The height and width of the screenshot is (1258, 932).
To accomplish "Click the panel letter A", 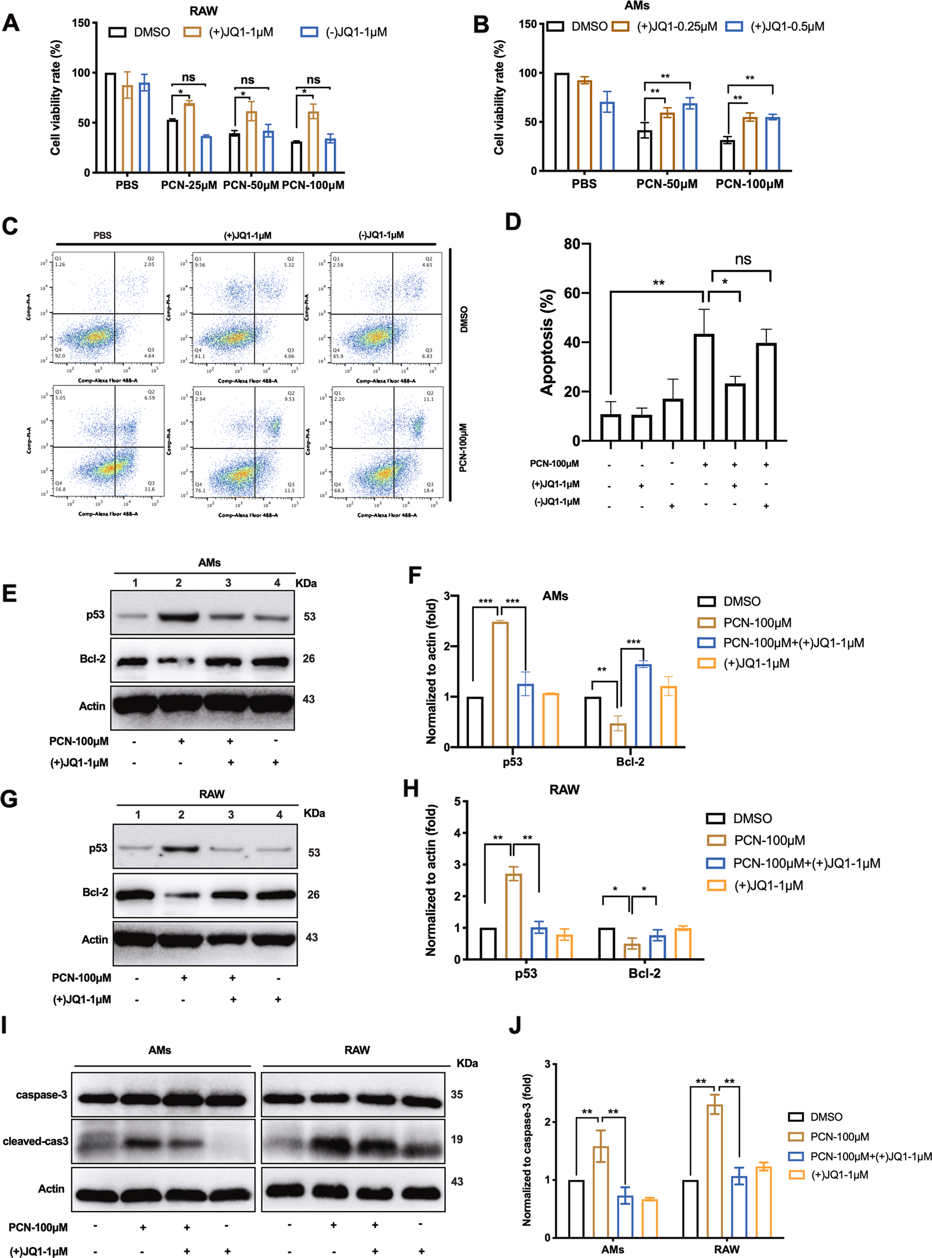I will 11,23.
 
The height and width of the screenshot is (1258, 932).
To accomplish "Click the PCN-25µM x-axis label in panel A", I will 189,185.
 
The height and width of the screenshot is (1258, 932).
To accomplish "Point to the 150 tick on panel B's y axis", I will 528,24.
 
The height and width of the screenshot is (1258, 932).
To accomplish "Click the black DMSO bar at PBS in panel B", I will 561,122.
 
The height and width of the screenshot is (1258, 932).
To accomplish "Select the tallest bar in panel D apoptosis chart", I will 704,387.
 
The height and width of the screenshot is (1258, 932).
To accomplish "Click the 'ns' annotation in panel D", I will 742,259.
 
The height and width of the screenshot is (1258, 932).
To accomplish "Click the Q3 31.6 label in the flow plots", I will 150,487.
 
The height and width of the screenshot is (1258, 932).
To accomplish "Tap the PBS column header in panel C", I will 102,235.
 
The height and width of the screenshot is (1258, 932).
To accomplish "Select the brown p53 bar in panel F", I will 500,684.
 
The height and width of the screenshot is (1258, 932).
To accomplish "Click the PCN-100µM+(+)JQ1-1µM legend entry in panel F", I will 793,643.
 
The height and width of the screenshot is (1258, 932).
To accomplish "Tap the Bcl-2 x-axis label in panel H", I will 644,974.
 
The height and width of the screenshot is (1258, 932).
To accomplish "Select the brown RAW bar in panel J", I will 714,1171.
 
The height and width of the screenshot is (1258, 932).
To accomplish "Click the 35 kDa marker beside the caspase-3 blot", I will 456,1094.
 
